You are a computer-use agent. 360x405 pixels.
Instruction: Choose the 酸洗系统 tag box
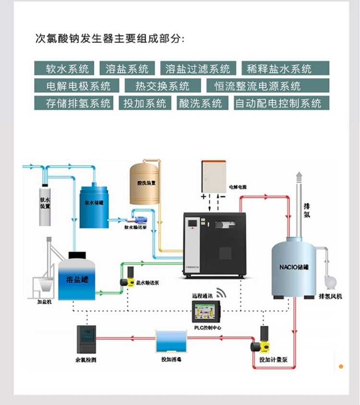(200, 103)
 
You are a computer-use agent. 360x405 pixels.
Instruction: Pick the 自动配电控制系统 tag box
(278, 103)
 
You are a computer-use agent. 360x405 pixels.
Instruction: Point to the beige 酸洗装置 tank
(145, 184)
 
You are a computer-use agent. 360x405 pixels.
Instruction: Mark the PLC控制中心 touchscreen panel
(206, 313)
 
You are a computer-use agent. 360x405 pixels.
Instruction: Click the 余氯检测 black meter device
(86, 340)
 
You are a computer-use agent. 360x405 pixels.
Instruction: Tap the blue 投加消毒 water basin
(170, 342)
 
